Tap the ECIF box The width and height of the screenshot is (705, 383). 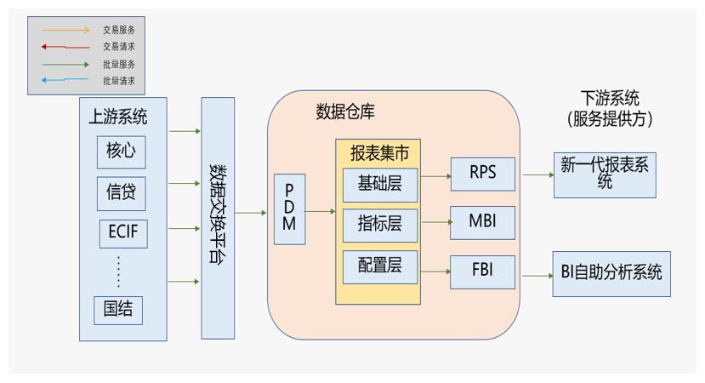(120, 232)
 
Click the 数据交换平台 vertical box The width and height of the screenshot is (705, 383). (217, 218)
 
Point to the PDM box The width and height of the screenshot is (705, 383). (289, 209)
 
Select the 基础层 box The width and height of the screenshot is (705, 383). (379, 185)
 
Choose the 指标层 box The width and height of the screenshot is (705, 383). (379, 226)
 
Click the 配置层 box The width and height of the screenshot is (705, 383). (379, 267)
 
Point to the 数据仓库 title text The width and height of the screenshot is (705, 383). (344, 111)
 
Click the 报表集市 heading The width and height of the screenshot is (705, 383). (379, 153)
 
